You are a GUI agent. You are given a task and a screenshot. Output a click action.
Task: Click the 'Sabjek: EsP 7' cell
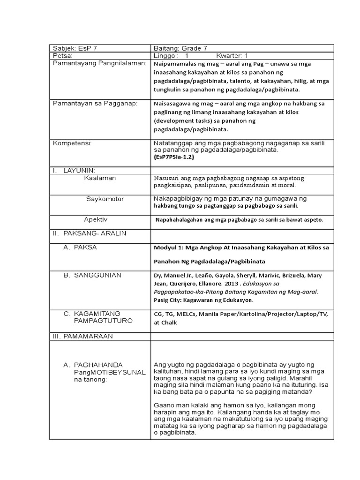(75, 48)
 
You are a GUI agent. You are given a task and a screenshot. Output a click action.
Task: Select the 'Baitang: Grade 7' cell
(180, 48)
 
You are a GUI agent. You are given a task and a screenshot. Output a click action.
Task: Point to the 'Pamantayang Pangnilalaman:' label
(99, 63)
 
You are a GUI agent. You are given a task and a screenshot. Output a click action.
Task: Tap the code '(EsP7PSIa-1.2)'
(173, 157)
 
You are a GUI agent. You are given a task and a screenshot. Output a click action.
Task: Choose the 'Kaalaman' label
(100, 178)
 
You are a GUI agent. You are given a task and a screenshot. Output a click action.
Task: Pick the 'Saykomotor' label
(105, 199)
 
